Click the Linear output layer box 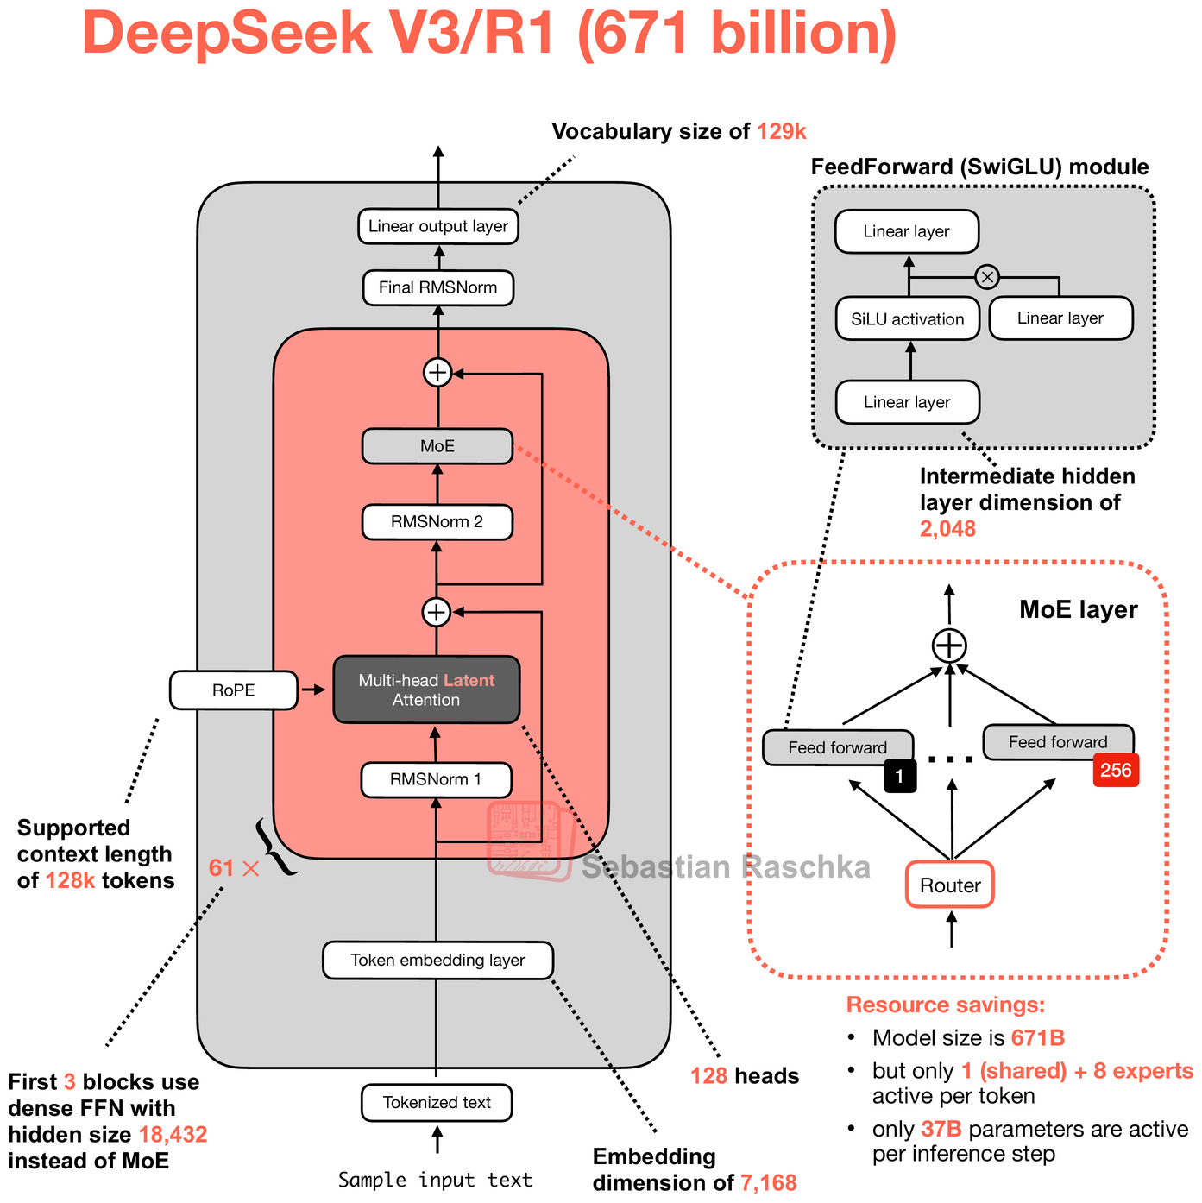(437, 226)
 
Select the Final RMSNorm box (437, 287)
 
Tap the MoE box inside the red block (437, 446)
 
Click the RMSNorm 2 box (437, 522)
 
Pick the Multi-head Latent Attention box (426, 690)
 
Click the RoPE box (233, 690)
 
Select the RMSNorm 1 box (436, 779)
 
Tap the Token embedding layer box (437, 960)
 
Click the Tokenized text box (437, 1102)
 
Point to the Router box (949, 885)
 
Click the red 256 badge (1116, 770)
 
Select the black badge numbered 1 (899, 776)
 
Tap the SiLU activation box (907, 318)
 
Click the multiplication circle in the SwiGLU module (987, 277)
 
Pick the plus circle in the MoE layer (949, 646)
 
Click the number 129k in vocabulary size (781, 131)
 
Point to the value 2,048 (947, 528)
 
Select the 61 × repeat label (233, 867)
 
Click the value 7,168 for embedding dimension (768, 1182)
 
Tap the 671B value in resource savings (1037, 1037)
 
